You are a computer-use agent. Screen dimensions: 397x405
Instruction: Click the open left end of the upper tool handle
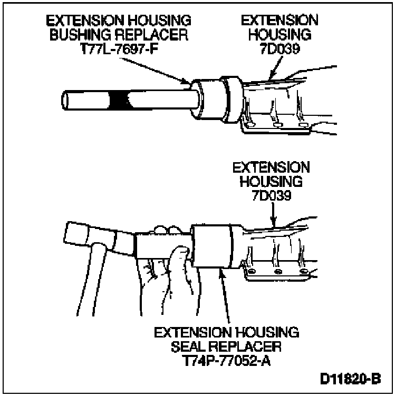coord(65,100)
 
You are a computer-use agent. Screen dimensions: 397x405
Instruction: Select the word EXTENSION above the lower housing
coord(271,167)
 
